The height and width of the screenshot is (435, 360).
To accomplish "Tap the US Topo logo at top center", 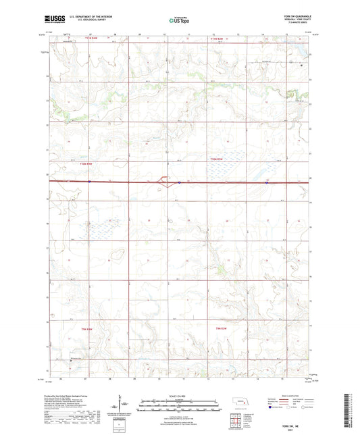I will pos(178,21).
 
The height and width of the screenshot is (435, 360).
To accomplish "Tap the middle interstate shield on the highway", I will pos(179,182).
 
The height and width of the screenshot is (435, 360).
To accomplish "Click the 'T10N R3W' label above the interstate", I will pos(215,159).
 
